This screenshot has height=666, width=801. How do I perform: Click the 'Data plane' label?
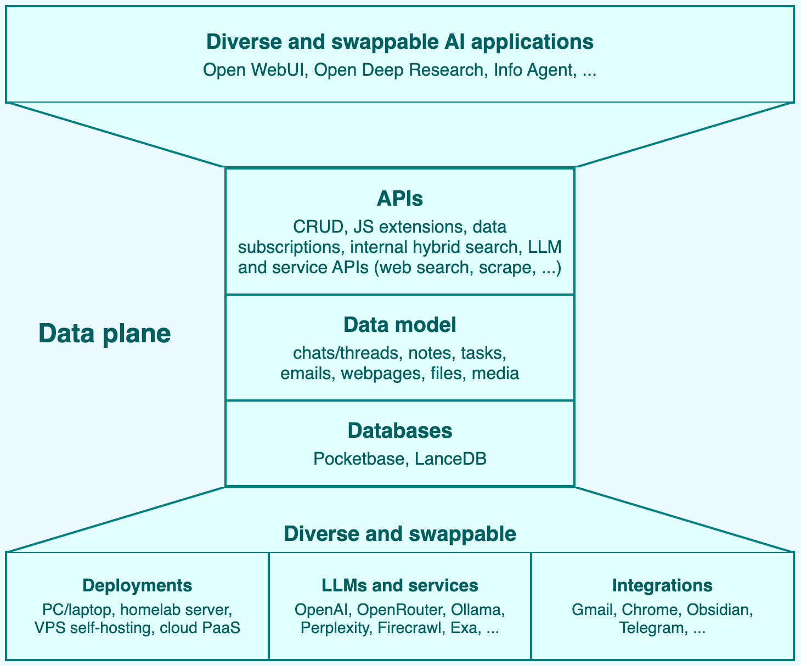point(104,334)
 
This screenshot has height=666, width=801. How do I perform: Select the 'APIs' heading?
point(399,199)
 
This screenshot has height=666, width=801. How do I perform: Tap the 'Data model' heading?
point(399,325)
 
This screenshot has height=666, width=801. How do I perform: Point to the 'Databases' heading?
point(399,431)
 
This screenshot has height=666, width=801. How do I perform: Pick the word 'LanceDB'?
point(450,459)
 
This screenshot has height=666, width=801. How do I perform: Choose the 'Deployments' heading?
point(137,585)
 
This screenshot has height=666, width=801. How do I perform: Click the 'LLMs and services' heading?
point(399,585)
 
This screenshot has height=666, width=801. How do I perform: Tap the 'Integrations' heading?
point(662,585)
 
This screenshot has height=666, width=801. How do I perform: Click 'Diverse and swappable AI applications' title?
point(399,42)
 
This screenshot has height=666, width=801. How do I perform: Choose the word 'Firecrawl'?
point(410,628)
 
